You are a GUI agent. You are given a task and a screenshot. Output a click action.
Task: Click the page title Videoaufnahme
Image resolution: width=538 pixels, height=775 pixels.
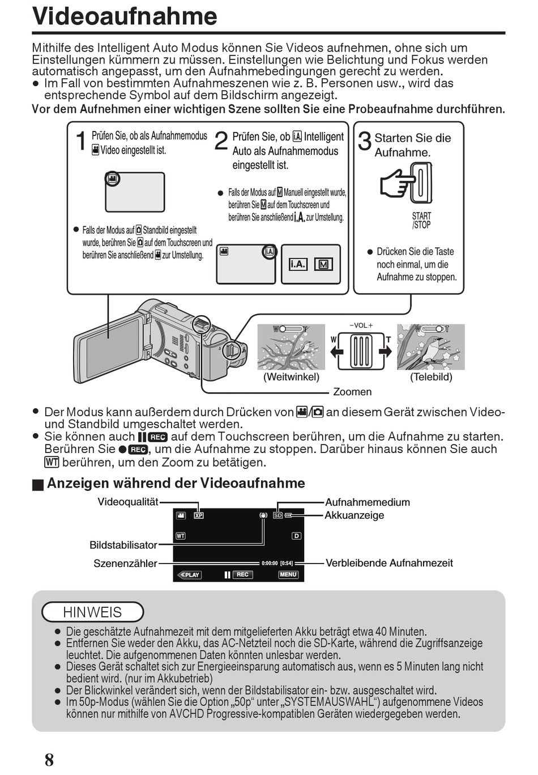pyautogui.click(x=125, y=16)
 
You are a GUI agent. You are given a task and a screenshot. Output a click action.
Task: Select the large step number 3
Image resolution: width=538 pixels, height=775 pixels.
pyautogui.click(x=365, y=141)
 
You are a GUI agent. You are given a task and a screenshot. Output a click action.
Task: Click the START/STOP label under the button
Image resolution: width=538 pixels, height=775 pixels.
pyautogui.click(x=421, y=221)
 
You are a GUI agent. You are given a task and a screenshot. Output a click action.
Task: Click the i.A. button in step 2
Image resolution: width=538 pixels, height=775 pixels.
pyautogui.click(x=298, y=264)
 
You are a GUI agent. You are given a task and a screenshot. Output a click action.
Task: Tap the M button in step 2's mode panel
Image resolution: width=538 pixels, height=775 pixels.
pyautogui.click(x=323, y=264)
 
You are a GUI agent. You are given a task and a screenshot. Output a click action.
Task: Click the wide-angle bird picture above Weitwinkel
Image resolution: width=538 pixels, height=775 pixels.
pyautogui.click(x=291, y=347)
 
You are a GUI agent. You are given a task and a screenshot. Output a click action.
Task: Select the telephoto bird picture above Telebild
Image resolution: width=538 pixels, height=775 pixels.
pyautogui.click(x=430, y=347)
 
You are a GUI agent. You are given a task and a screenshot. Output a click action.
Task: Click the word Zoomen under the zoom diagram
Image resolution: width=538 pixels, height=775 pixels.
pyautogui.click(x=352, y=392)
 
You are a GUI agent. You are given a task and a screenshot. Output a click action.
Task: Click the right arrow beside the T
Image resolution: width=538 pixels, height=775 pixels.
pyautogui.click(x=385, y=352)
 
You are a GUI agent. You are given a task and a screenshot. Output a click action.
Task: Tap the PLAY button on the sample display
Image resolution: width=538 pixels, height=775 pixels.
pyautogui.click(x=190, y=575)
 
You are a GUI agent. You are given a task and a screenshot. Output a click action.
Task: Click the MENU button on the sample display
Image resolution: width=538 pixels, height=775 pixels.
pyautogui.click(x=288, y=574)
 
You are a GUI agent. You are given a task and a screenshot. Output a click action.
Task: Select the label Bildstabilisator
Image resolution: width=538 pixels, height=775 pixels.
pyautogui.click(x=123, y=545)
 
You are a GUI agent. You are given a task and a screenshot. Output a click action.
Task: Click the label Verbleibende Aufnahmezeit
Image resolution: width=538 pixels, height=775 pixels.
pyautogui.click(x=389, y=563)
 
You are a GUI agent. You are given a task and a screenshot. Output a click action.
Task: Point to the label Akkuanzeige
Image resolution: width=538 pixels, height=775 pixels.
pyautogui.click(x=354, y=515)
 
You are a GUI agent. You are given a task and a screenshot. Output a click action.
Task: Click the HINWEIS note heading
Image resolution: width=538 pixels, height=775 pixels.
pyautogui.click(x=92, y=612)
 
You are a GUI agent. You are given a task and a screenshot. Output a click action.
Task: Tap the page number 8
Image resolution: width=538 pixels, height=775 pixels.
pyautogui.click(x=49, y=760)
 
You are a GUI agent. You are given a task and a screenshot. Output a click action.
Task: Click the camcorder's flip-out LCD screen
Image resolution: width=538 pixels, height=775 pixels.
pyautogui.click(x=110, y=349)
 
